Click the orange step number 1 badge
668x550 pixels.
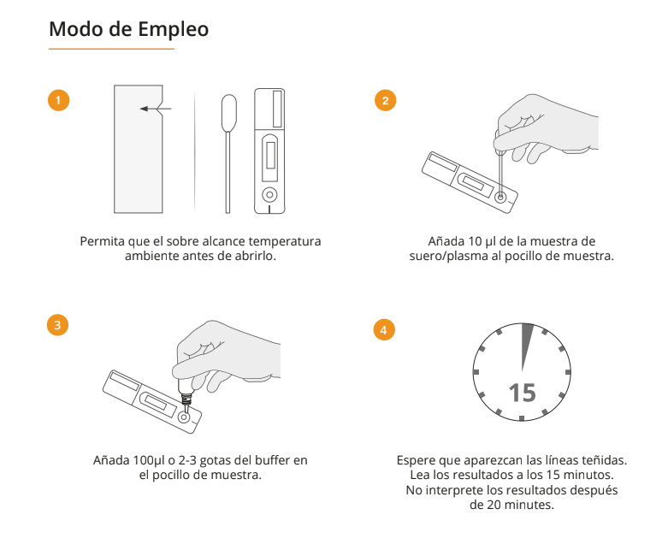pyautogui.click(x=58, y=101)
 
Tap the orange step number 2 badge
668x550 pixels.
pyautogui.click(x=385, y=101)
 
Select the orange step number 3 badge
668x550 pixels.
pyautogui.click(x=57, y=325)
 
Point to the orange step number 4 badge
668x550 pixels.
pyautogui.click(x=384, y=330)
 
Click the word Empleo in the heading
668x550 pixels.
pyautogui.click(x=173, y=30)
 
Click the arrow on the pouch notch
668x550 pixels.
pyautogui.click(x=156, y=109)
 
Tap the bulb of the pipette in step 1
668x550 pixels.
pyautogui.click(x=228, y=113)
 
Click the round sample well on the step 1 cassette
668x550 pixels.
pyautogui.click(x=269, y=195)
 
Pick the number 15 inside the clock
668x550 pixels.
pyautogui.click(x=522, y=393)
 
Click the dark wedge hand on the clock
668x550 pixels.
pyautogui.click(x=527, y=346)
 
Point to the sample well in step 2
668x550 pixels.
pyautogui.click(x=500, y=198)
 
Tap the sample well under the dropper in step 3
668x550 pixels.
pyautogui.click(x=184, y=417)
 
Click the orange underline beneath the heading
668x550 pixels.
pyautogui.click(x=111, y=49)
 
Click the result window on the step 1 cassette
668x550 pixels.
pyautogui.click(x=270, y=155)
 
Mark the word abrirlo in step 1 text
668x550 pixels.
pyautogui.click(x=257, y=256)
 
